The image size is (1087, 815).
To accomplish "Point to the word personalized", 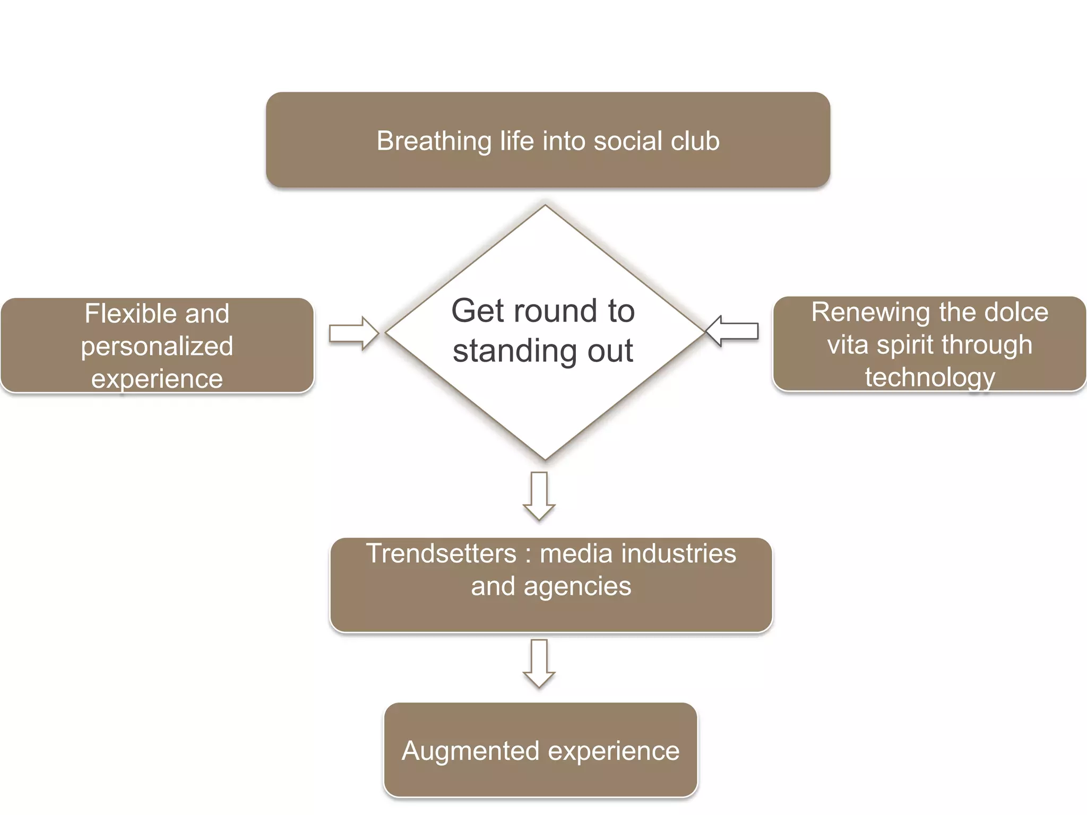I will point(157,346).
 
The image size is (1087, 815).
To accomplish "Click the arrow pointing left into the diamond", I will point(732,331).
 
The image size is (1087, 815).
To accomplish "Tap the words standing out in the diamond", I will point(542,351).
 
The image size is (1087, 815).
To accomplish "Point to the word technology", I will point(930,377).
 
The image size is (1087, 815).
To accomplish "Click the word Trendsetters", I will point(441,553).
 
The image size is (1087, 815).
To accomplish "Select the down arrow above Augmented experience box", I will point(539,663).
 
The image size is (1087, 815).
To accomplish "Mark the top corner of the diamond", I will point(545,206).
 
